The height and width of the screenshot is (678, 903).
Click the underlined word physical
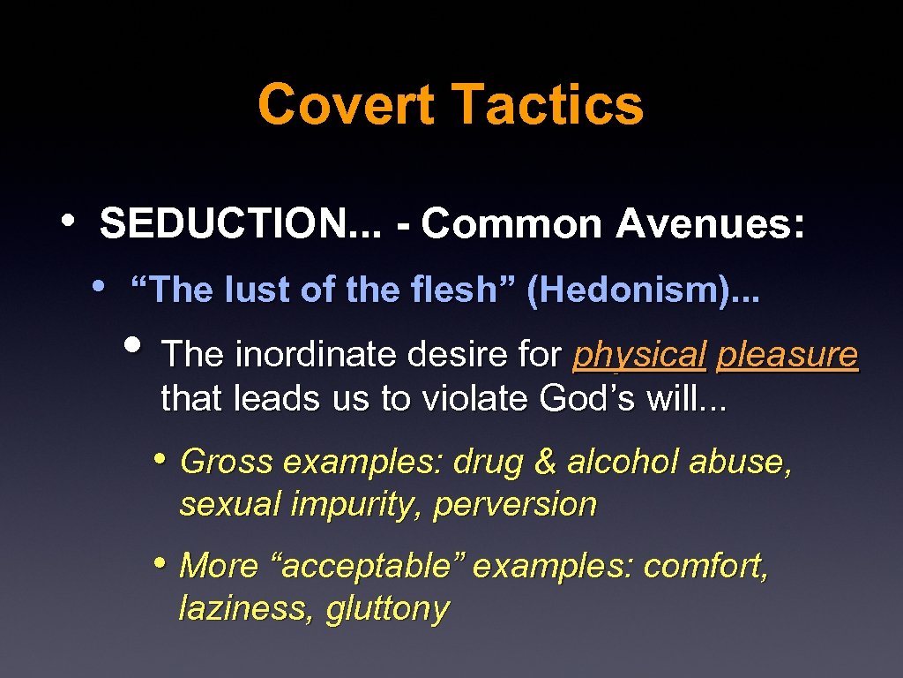click(x=639, y=355)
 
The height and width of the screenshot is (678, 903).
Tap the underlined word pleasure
click(x=787, y=355)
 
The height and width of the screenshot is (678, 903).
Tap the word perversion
click(x=515, y=505)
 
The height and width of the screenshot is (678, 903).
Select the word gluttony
click(x=387, y=609)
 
